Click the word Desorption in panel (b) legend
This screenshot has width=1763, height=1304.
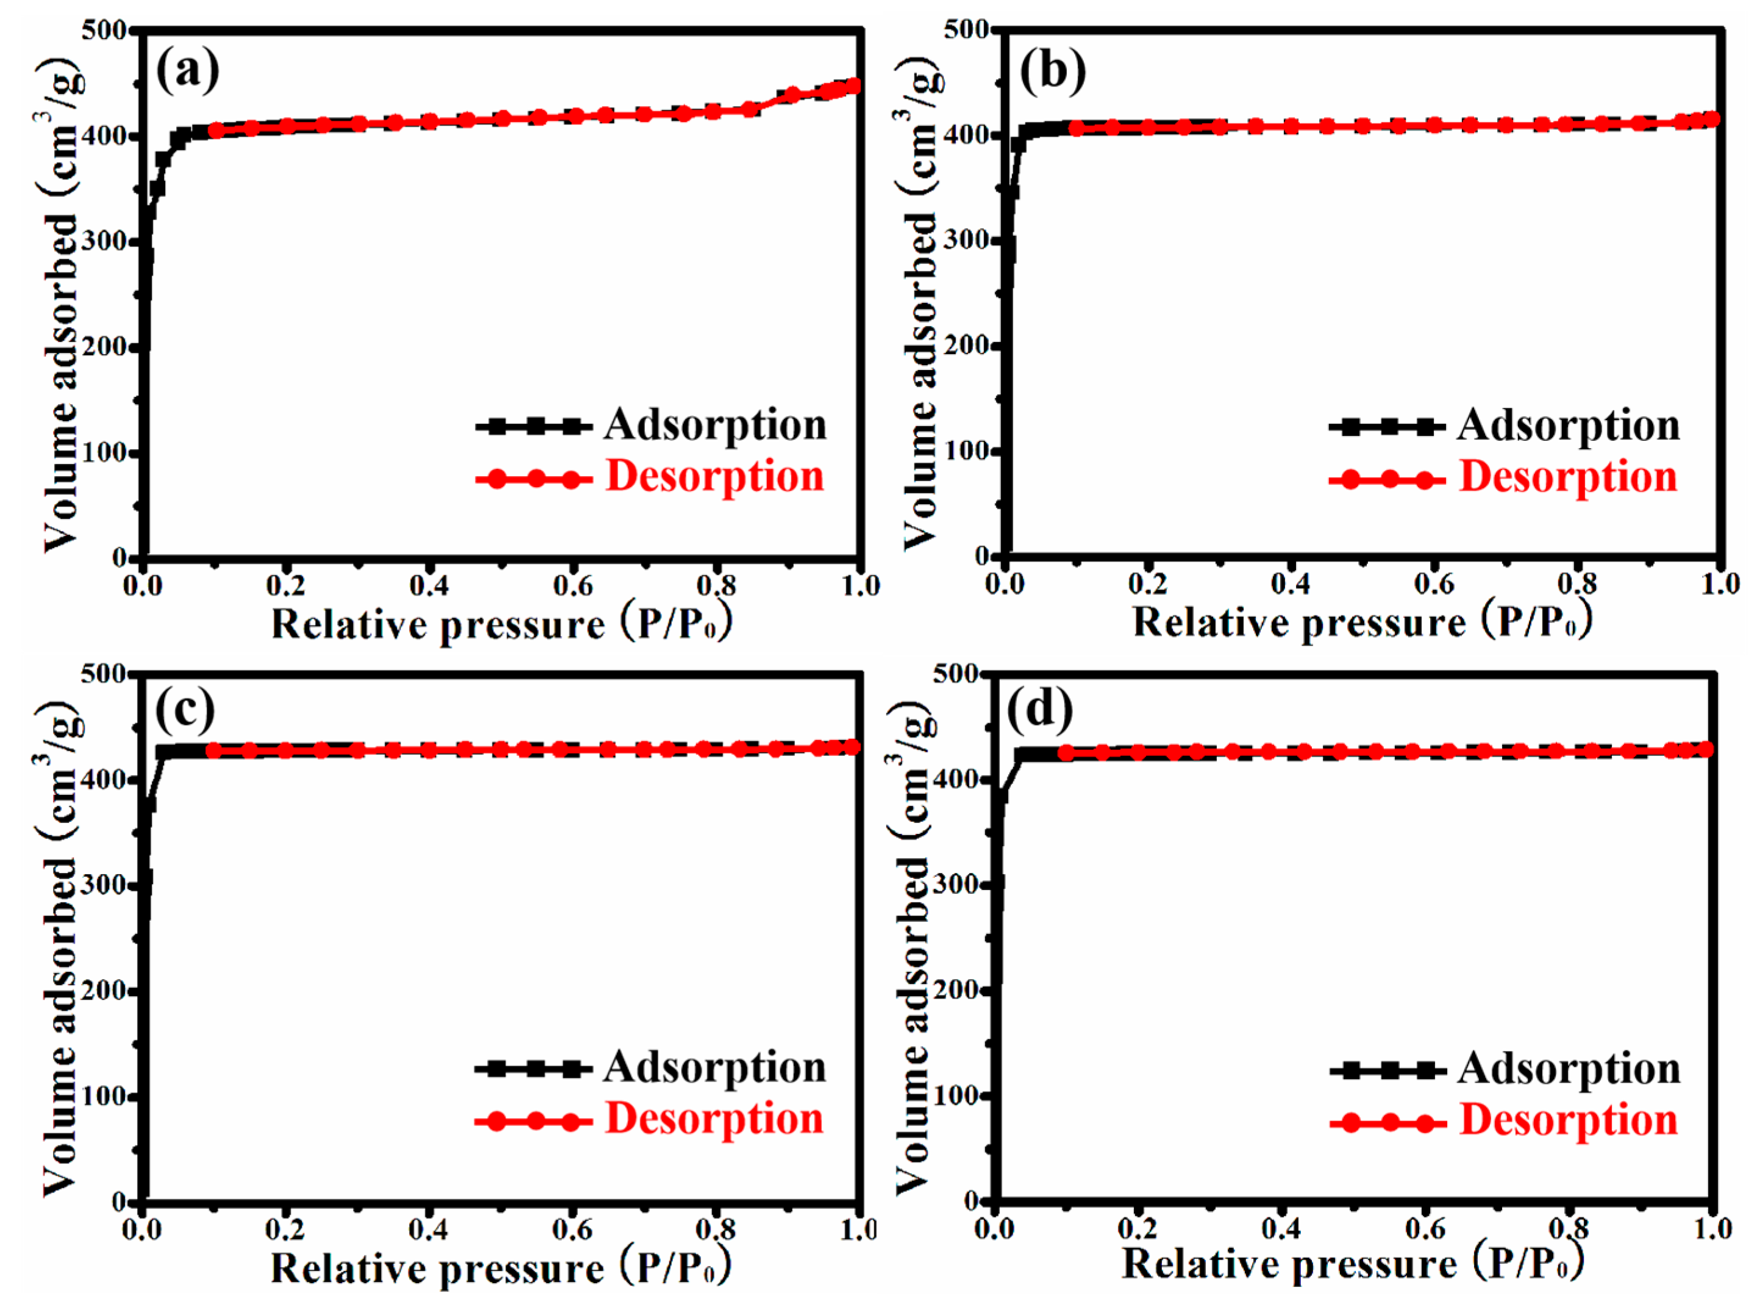pos(1568,477)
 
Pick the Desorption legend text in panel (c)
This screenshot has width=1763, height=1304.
pos(714,1119)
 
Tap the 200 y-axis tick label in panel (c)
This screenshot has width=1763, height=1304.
pos(104,991)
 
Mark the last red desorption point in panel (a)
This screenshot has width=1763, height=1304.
pos(852,85)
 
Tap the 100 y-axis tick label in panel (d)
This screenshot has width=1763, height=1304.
pos(956,1096)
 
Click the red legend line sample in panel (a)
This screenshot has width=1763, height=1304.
pos(533,479)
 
